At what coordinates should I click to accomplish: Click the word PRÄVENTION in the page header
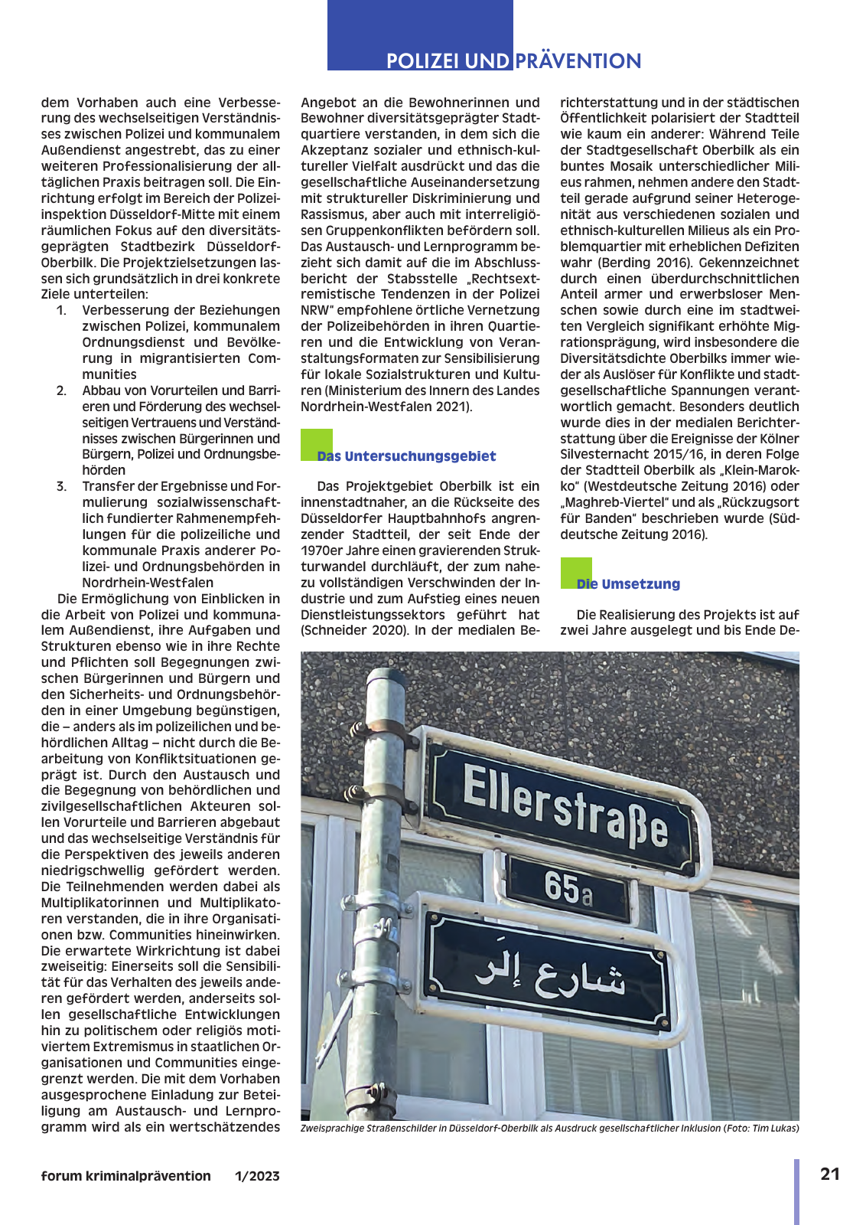pyautogui.click(x=578, y=61)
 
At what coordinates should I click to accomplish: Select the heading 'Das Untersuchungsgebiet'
pyautogui.click(x=406, y=456)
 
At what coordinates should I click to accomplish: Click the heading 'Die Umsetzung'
pyautogui.click(x=628, y=584)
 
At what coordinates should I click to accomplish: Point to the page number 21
pyautogui.click(x=830, y=1174)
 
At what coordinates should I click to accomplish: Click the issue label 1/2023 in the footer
pyautogui.click(x=257, y=1176)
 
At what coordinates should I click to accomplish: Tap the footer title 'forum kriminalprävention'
pyautogui.click(x=126, y=1176)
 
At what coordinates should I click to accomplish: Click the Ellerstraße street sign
pyautogui.click(x=565, y=808)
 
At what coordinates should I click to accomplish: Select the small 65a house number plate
pyautogui.click(x=568, y=889)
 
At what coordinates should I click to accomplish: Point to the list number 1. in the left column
pyautogui.click(x=61, y=310)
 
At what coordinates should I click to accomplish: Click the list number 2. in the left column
pyautogui.click(x=61, y=390)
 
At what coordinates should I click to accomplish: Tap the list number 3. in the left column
pyautogui.click(x=61, y=486)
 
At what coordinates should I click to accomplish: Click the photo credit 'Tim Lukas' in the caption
pyautogui.click(x=775, y=1128)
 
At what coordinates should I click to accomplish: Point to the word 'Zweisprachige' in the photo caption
pyautogui.click(x=334, y=1128)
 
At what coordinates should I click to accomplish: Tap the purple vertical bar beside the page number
pyautogui.click(x=796, y=1191)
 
